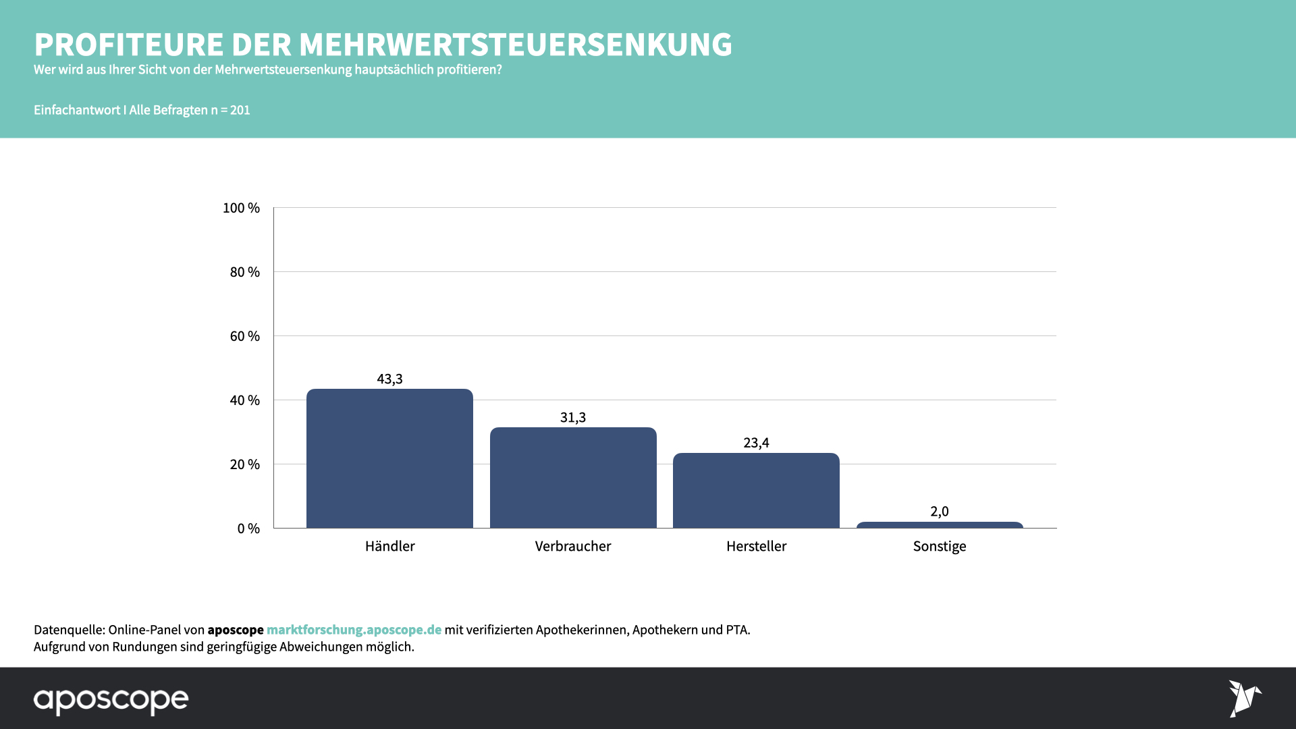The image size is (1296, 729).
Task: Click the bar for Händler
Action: [x=389, y=459]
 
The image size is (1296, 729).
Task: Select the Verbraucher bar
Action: [x=573, y=478]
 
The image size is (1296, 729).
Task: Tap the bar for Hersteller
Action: [x=756, y=491]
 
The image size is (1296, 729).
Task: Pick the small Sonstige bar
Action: [x=940, y=524]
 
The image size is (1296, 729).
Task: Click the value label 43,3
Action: [x=389, y=379]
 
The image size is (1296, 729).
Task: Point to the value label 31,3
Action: [x=573, y=418]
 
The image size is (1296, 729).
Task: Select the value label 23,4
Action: [x=756, y=443]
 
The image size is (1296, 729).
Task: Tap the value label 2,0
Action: [x=940, y=512]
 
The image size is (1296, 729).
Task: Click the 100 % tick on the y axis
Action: [x=241, y=208]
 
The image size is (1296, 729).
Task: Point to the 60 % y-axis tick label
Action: [x=244, y=336]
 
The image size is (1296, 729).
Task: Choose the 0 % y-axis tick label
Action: [x=248, y=529]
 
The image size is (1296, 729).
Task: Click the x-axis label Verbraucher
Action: [x=573, y=546]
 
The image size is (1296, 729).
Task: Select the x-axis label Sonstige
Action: [x=940, y=546]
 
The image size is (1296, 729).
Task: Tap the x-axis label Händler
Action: [x=389, y=546]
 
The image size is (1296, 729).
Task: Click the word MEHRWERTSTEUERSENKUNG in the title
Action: [x=515, y=45]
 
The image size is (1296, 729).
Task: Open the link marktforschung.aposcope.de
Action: [x=354, y=630]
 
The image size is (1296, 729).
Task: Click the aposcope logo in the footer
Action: [x=111, y=701]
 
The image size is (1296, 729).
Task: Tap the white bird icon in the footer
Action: [x=1244, y=698]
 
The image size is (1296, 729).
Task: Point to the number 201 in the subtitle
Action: [x=240, y=110]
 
